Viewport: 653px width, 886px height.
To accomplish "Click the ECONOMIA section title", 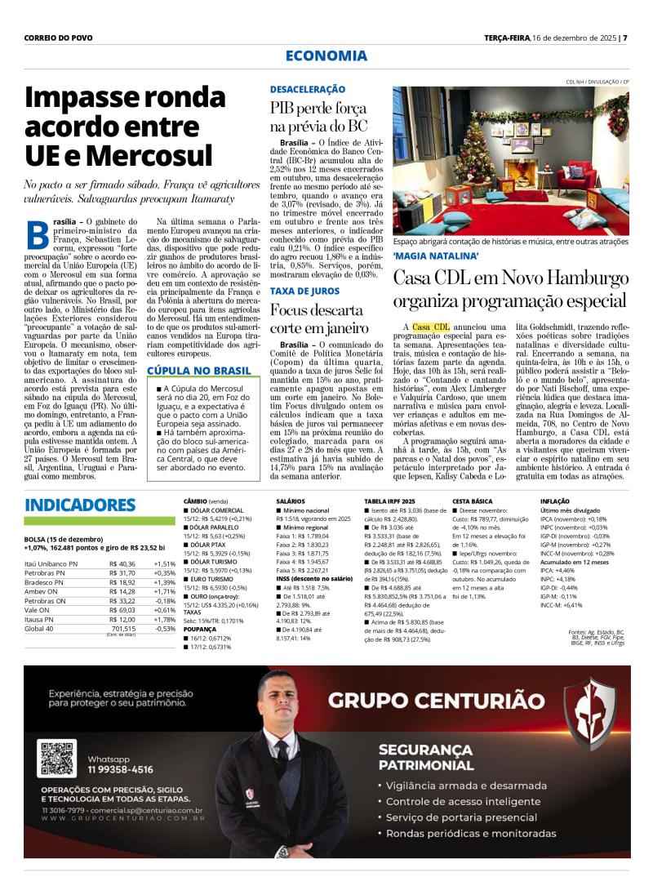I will pos(326,56).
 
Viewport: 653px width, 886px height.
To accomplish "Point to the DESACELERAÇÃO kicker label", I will pos(308,89).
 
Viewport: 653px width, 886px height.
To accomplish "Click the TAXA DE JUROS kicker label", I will pos(304,291).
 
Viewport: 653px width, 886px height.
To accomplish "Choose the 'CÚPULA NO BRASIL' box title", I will pos(198,371).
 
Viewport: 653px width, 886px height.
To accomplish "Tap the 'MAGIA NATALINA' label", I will pos(434,256).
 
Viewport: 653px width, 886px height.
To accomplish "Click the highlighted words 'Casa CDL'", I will pos(431,327).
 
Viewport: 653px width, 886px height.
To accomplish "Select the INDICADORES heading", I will pos(80,504).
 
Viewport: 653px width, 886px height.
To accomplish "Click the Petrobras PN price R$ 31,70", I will pos(122,574).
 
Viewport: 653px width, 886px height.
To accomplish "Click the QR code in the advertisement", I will pos(57,757).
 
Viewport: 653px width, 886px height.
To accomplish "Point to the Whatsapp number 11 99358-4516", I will pos(120,768).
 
